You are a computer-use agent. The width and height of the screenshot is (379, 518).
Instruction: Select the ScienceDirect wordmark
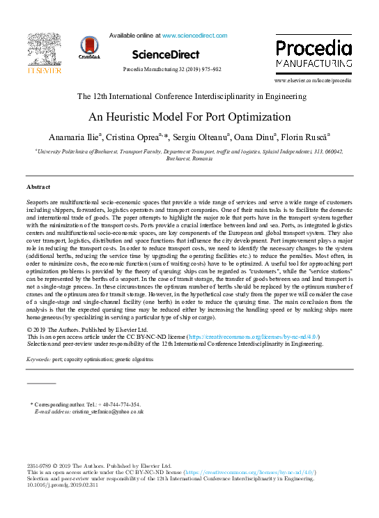click(165, 54)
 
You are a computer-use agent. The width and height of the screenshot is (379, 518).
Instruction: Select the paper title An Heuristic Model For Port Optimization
click(189, 116)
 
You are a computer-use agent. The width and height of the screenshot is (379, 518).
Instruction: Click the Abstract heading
click(38, 188)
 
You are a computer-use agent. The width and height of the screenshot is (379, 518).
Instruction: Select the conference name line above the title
click(189, 96)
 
